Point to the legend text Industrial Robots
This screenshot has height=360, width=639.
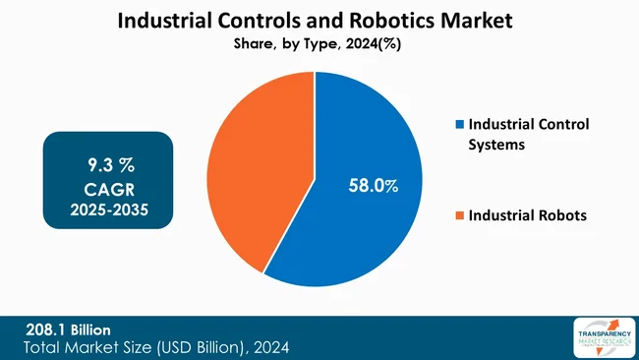pos(528,215)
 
